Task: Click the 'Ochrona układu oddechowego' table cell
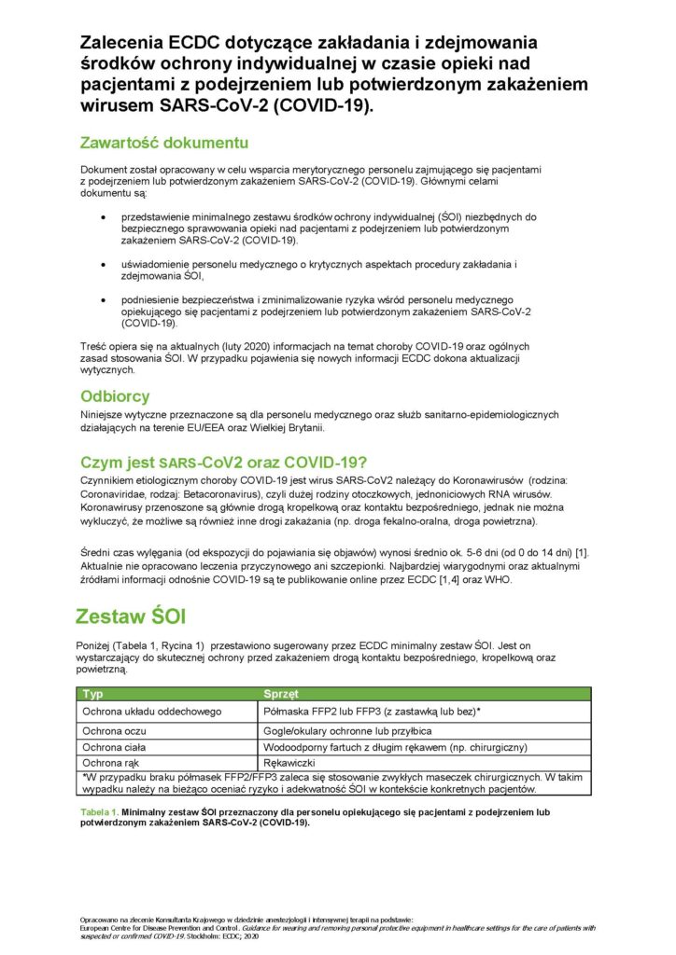[x=151, y=712]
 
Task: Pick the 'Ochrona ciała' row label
[x=117, y=747]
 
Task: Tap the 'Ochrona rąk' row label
[x=113, y=765]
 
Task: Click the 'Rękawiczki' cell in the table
[x=293, y=765]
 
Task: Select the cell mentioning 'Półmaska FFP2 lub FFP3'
[x=373, y=712]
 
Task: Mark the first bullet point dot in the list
[x=103, y=216]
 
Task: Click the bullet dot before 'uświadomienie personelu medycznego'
[x=103, y=265]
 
